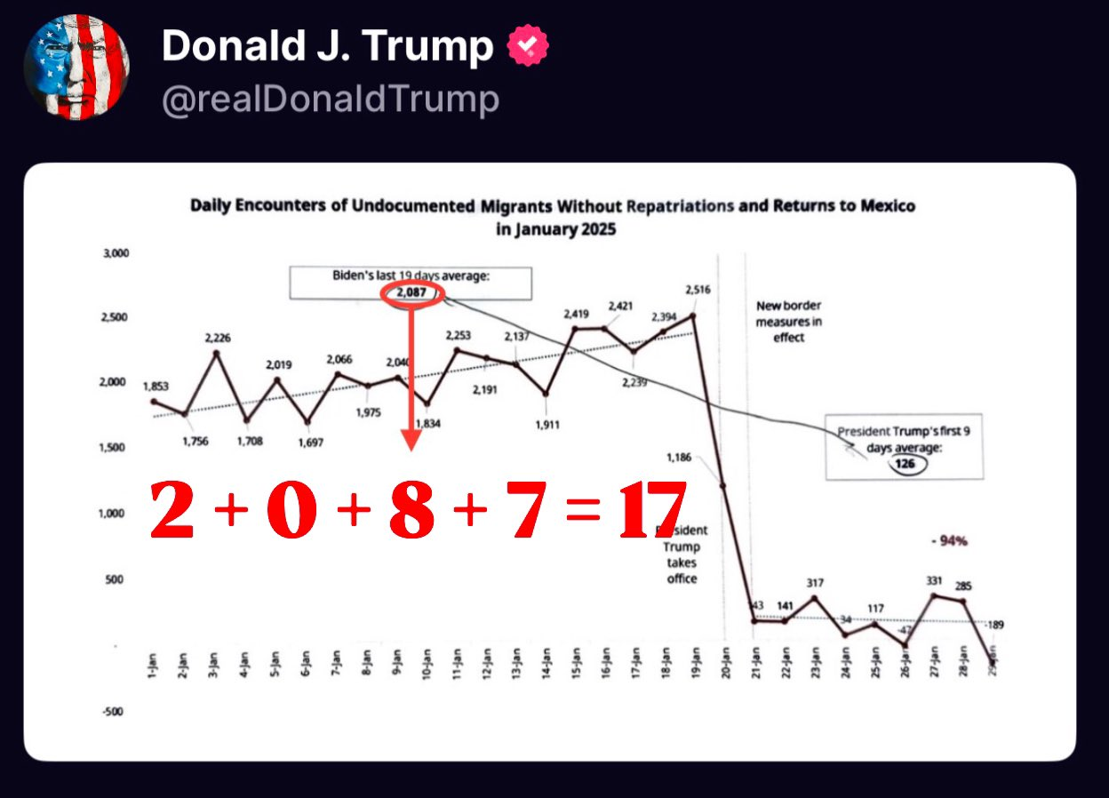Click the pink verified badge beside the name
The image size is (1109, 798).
click(528, 46)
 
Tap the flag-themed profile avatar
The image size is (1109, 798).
click(76, 67)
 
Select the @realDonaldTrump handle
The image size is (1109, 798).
click(330, 100)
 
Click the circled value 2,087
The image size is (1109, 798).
click(411, 294)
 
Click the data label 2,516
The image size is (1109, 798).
click(698, 290)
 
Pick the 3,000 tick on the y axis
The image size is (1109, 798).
click(116, 253)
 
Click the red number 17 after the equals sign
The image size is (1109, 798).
click(652, 511)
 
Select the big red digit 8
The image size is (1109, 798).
click(411, 511)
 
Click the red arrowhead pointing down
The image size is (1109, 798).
click(411, 440)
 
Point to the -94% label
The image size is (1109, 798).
click(948, 540)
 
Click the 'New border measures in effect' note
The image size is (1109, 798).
click(789, 321)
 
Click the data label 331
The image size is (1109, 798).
click(934, 581)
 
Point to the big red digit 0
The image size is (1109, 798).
click(291, 511)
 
